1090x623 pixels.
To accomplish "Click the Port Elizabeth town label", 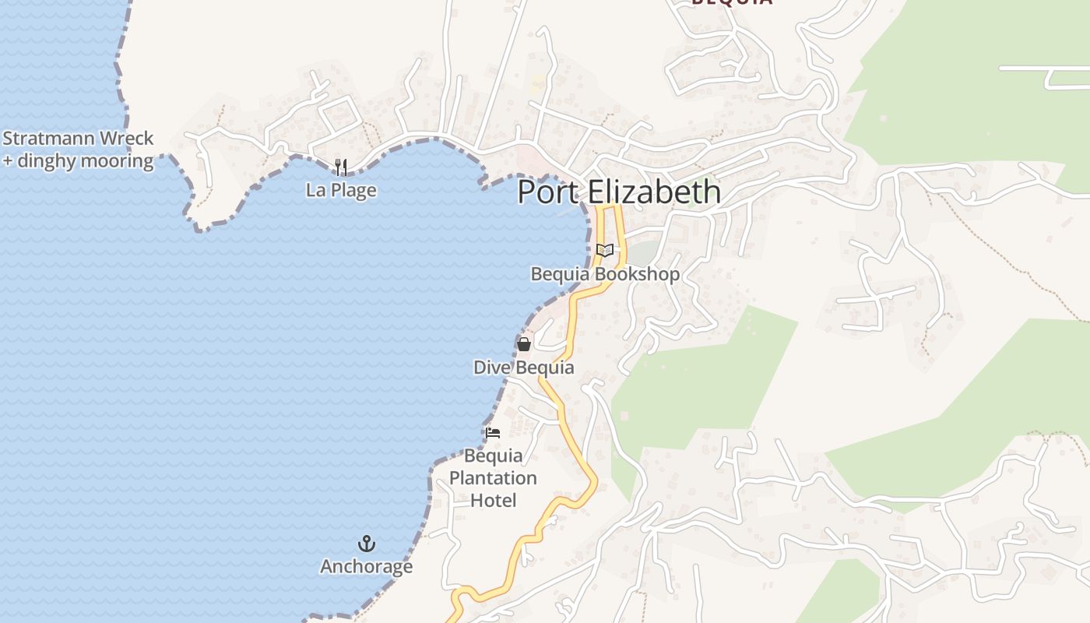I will point(619,192).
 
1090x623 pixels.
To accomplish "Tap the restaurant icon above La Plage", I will point(340,166).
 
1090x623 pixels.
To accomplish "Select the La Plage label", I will point(341,190).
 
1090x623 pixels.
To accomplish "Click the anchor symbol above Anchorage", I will point(366,543).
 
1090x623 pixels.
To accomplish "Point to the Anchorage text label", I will point(366,566).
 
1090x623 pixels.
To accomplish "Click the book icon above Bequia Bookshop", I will point(604,250).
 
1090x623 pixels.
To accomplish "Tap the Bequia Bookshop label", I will point(605,274).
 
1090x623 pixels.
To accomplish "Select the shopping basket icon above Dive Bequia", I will point(524,343).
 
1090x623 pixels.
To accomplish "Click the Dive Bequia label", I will point(523,368).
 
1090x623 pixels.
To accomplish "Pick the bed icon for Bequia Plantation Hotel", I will point(493,432).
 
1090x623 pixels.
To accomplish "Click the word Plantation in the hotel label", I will point(493,477).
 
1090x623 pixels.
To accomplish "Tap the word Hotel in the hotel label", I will point(494,500).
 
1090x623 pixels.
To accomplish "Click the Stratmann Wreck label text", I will point(79,139).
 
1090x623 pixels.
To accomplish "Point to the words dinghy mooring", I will point(86,161).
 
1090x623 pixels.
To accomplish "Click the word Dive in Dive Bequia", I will point(489,368).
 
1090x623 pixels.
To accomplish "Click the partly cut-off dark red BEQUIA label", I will point(732,2).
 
